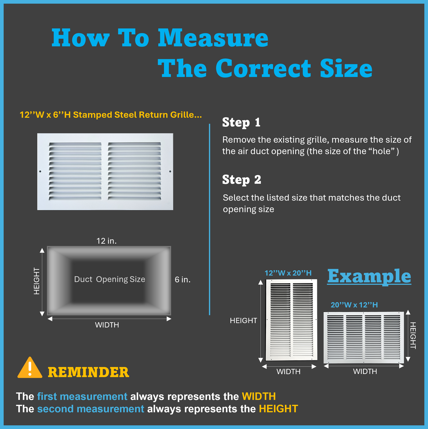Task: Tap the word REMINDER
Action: [89, 372]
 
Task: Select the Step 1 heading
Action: [241, 123]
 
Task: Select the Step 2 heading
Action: [241, 180]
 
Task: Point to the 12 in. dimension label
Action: [107, 241]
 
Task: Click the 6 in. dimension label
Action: [182, 279]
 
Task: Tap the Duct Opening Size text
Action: [110, 279]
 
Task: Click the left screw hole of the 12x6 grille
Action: [40, 171]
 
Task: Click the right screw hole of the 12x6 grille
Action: [170, 171]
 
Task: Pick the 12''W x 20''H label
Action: [288, 273]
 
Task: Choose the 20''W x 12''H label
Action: [354, 305]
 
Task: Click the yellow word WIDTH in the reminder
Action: [259, 396]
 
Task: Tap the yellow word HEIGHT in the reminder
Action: [278, 409]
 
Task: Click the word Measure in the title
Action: [213, 38]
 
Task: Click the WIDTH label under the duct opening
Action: [107, 325]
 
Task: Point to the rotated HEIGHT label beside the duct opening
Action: [36, 281]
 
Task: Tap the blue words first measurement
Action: [82, 396]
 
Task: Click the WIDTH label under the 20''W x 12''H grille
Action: [365, 371]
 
